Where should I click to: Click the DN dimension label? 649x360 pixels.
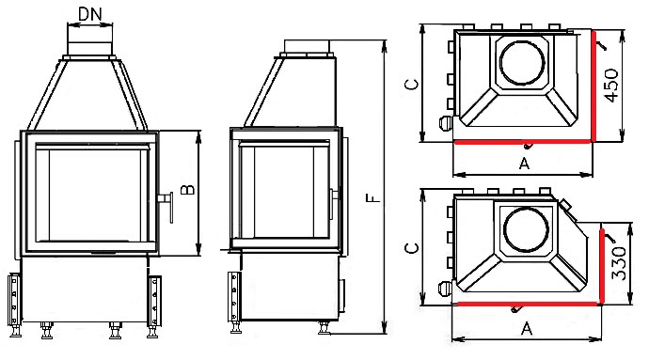[89, 14]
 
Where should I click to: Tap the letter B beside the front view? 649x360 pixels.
[187, 190]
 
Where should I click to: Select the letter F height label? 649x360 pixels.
[373, 197]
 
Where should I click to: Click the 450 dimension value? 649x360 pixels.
[611, 86]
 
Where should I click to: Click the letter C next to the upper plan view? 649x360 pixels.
[411, 84]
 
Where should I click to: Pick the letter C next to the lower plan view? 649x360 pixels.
[411, 248]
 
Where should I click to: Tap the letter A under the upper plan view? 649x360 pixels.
[524, 164]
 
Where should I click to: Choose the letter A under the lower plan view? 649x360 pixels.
[526, 329]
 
